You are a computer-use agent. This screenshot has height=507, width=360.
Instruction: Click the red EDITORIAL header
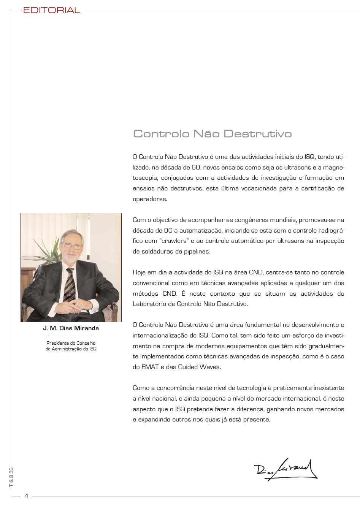pos(52,10)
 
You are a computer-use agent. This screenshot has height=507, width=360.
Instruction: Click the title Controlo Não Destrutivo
pos(212,134)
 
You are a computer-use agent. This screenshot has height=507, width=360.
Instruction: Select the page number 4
pos(26,496)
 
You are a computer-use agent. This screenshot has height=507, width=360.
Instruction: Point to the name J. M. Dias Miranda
pos(71,328)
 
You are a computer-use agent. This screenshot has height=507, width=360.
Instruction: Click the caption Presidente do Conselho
pos(71,343)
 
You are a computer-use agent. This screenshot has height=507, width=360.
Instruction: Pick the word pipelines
pos(197,252)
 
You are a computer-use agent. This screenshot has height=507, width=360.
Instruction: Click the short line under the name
pos(71,335)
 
